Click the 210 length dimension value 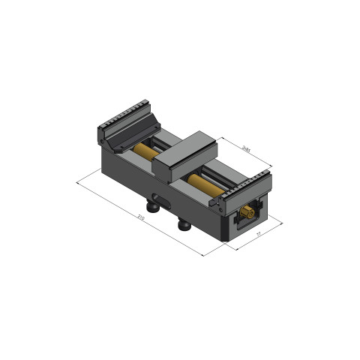140,217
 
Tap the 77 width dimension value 258,235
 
